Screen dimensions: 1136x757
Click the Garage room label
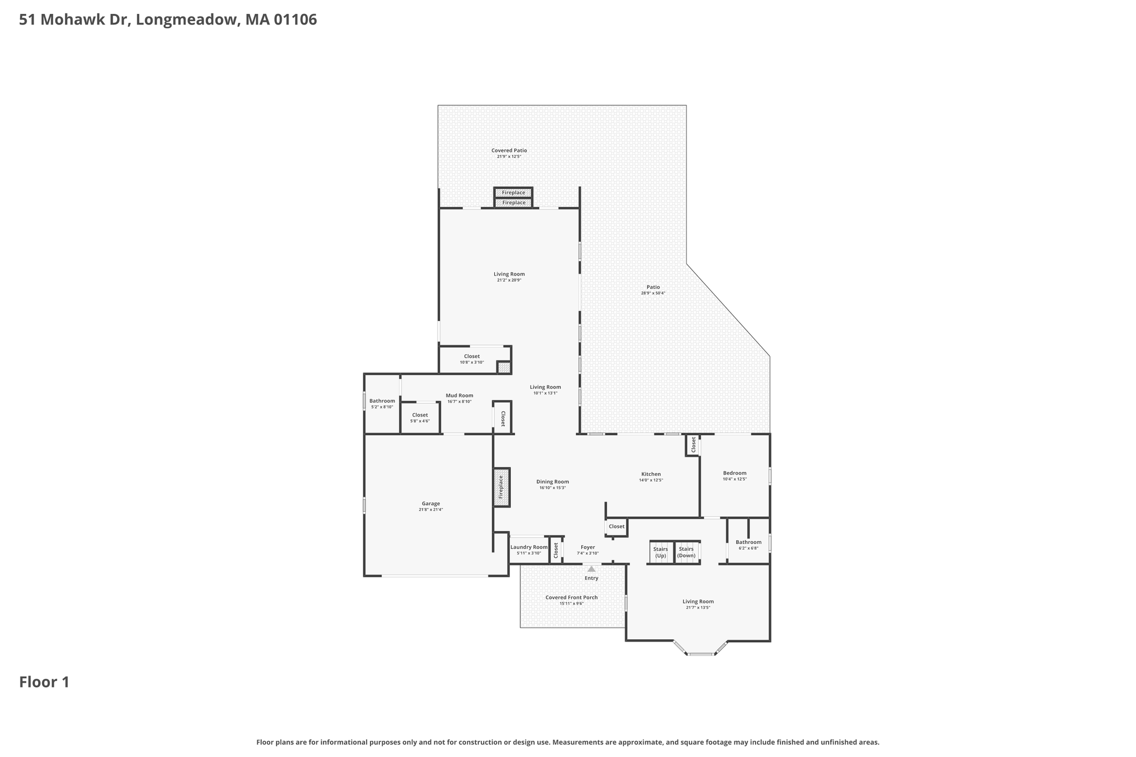click(430, 504)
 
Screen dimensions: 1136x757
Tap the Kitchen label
click(651, 474)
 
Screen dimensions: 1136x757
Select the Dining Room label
click(552, 482)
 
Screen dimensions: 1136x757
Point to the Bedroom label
click(734, 473)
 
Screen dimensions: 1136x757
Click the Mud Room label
click(459, 395)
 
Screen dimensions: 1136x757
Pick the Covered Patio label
click(509, 150)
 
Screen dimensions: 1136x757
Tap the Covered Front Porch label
click(571, 597)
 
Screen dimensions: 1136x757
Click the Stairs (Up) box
click(661, 552)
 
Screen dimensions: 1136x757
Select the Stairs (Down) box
click(687, 552)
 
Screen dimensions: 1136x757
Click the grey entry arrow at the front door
click(591, 568)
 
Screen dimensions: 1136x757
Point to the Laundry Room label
click(529, 547)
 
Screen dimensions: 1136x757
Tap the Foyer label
click(587, 547)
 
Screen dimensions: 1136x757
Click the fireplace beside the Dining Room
click(501, 487)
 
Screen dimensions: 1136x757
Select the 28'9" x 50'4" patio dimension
click(653, 293)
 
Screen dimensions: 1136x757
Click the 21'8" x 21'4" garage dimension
click(430, 510)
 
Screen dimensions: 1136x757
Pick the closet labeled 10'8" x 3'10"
click(471, 359)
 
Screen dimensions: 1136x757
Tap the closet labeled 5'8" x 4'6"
click(420, 418)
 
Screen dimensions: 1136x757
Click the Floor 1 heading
click(44, 682)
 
